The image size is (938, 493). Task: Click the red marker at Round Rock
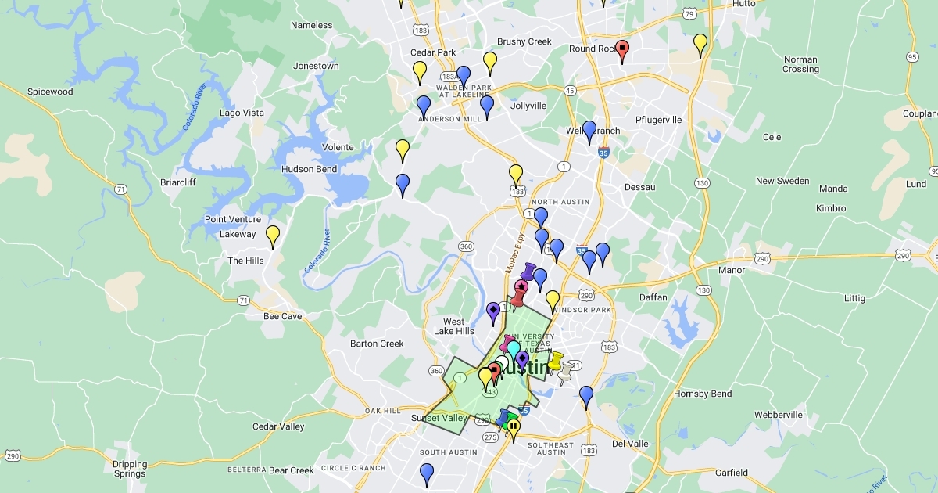click(622, 50)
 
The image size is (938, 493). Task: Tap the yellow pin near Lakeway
click(273, 234)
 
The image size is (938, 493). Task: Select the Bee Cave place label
click(282, 316)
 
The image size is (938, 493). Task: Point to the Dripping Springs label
click(129, 469)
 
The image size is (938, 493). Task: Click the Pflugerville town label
click(659, 120)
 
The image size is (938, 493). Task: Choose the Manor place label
click(732, 270)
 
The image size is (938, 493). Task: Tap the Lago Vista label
click(242, 113)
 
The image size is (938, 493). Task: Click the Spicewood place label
click(50, 92)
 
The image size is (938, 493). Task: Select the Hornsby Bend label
click(703, 394)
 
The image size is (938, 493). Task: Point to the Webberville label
click(779, 414)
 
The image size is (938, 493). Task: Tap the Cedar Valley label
click(278, 426)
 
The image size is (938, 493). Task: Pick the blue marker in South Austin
click(427, 473)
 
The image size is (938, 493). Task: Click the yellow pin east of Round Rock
click(700, 44)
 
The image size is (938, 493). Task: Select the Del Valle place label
click(630, 444)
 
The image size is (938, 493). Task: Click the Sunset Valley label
click(439, 419)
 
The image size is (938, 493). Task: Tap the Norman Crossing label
click(800, 64)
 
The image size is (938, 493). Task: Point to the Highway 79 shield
click(689, 13)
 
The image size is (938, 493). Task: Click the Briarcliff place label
click(177, 182)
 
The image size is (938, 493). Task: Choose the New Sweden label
click(782, 181)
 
